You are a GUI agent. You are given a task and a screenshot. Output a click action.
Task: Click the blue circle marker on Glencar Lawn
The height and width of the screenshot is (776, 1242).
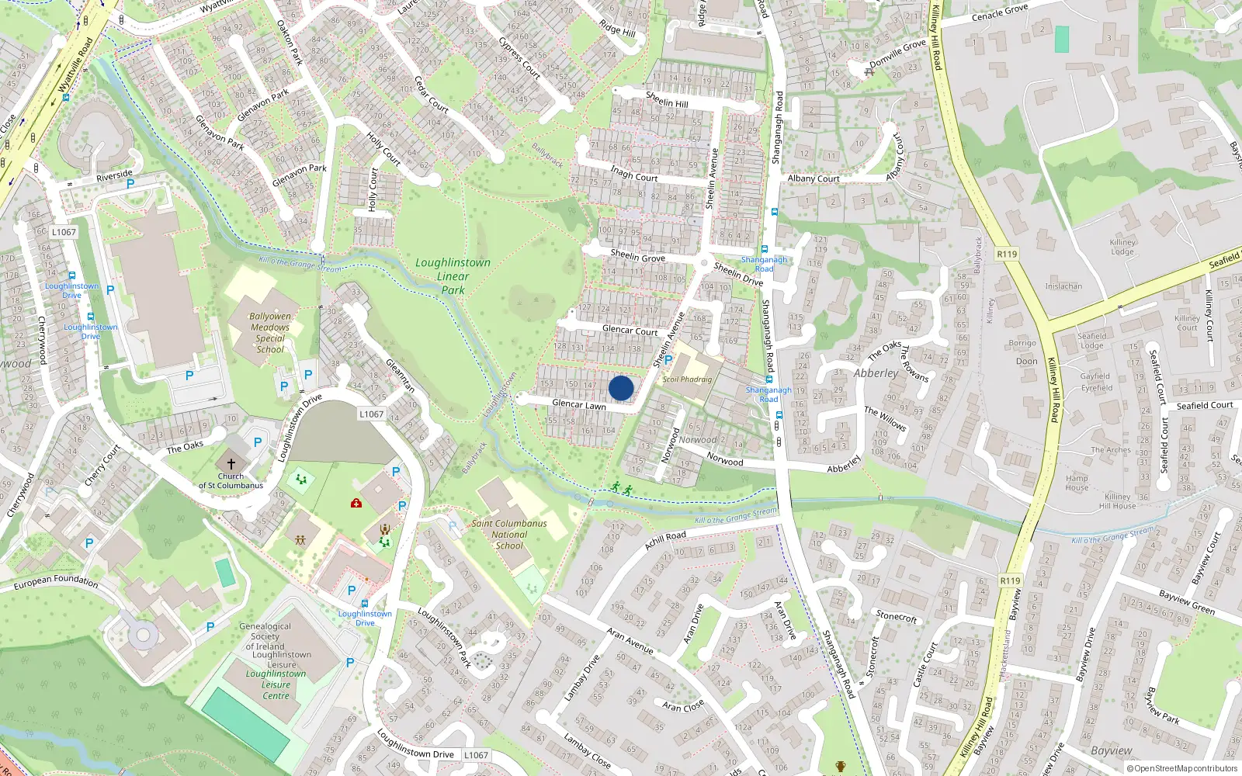point(621,388)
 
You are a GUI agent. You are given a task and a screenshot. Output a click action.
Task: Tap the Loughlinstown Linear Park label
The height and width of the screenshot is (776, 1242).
point(453,276)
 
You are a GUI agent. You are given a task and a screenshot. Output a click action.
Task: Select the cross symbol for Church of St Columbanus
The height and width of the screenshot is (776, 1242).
point(231,463)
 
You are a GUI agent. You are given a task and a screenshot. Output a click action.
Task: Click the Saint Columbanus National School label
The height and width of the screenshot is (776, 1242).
point(509,535)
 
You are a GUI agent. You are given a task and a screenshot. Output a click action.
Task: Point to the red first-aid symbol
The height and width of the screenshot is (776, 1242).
point(356,504)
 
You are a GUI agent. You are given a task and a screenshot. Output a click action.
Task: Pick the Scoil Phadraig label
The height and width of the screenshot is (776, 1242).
point(687,379)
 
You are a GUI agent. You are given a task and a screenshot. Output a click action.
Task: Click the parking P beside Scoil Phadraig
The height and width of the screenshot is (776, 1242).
point(668,360)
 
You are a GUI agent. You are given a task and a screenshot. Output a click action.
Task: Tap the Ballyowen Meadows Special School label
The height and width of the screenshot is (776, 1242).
point(270,333)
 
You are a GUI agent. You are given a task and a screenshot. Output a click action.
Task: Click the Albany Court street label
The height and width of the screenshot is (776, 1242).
point(814,178)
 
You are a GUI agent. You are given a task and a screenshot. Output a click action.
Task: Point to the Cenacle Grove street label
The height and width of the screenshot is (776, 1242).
point(1000,13)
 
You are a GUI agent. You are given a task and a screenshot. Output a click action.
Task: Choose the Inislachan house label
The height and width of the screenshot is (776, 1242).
point(1063,286)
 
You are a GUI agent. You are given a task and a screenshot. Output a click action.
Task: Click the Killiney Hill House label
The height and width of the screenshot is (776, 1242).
point(1118,501)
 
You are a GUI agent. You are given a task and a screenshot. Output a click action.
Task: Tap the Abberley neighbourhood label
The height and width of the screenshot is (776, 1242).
point(876,373)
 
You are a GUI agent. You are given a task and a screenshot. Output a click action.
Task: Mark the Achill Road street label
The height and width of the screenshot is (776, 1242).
point(665,540)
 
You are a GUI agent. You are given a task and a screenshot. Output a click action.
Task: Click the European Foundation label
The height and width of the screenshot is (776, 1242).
point(56,581)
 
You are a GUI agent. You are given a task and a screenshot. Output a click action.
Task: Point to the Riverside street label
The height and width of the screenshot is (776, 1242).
point(114,176)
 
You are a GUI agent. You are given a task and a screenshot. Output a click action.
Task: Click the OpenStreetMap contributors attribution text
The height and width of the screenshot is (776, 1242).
point(1182,769)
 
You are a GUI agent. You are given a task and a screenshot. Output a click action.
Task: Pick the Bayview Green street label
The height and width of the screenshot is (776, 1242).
point(1187,603)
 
